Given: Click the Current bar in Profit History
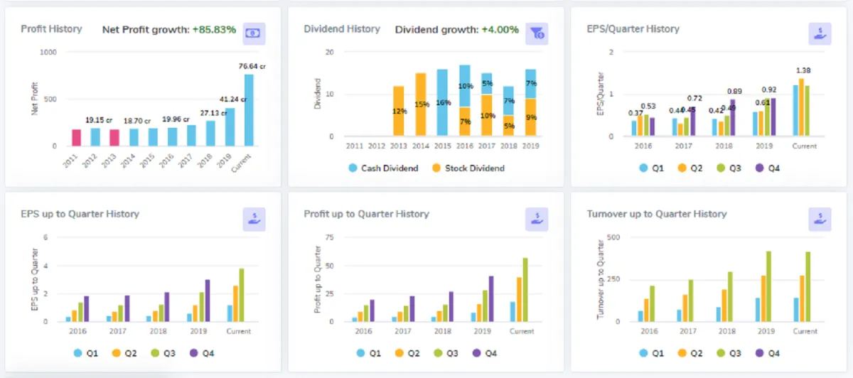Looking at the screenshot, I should pyautogui.click(x=249, y=110).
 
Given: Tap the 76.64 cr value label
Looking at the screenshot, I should pyautogui.click(x=252, y=67).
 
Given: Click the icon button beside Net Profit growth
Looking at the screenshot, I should pyautogui.click(x=254, y=33).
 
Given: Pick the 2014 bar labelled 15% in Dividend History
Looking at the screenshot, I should pyautogui.click(x=421, y=104).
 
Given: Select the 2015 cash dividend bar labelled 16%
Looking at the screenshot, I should pyautogui.click(x=442, y=102).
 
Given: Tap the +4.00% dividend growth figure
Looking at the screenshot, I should pyautogui.click(x=500, y=30).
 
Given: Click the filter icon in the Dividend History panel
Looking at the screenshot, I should pyautogui.click(x=537, y=33).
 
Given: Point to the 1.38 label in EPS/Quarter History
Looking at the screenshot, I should pyautogui.click(x=803, y=70).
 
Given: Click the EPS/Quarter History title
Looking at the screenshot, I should pyautogui.click(x=633, y=29).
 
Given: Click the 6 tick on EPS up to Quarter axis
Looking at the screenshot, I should pyautogui.click(x=45, y=237).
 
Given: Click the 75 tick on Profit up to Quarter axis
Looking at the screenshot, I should pyautogui.click(x=328, y=237).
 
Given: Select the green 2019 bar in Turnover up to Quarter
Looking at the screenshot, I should pyautogui.click(x=768, y=286).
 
